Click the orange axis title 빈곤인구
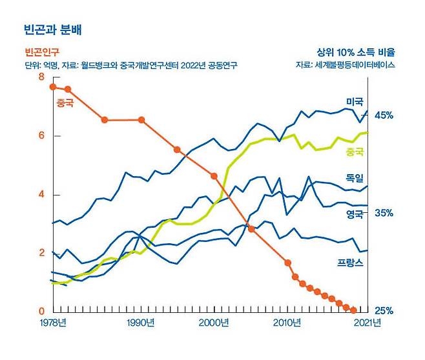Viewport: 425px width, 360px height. point(42,53)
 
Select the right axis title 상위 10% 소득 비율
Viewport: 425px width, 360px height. point(355,52)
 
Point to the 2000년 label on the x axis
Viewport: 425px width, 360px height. point(212,323)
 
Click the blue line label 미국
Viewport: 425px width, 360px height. point(355,102)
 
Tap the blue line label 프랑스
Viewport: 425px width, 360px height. point(350,263)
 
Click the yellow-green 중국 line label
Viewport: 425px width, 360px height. point(355,152)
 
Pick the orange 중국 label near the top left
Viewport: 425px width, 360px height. point(65,103)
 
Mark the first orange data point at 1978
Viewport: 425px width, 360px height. point(53,86)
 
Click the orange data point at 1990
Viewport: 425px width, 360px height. point(141,119)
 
